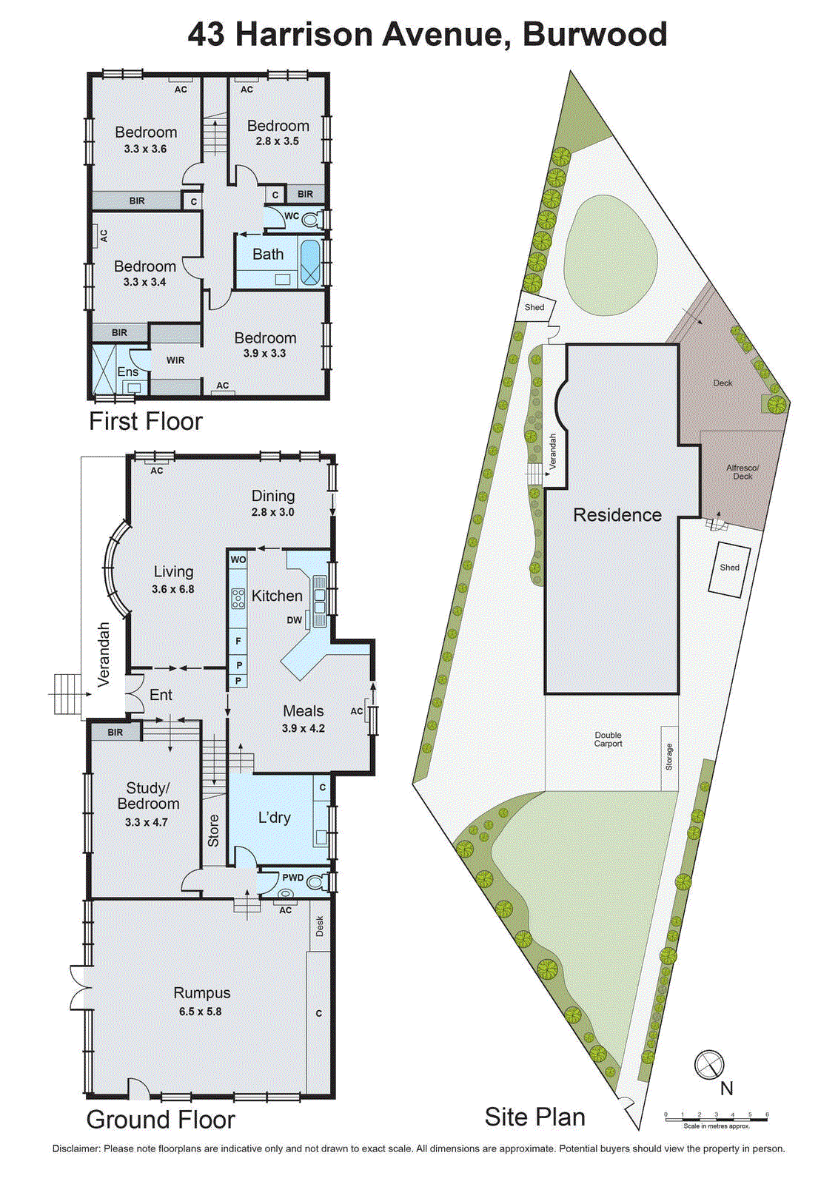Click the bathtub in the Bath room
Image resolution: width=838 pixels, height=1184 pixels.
pyautogui.click(x=310, y=262)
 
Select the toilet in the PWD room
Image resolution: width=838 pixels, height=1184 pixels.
pyautogui.click(x=315, y=881)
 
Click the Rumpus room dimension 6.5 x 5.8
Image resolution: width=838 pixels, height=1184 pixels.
pyautogui.click(x=200, y=1011)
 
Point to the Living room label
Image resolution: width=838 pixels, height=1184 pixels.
pyautogui.click(x=173, y=571)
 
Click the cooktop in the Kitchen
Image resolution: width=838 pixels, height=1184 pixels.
pyautogui.click(x=238, y=598)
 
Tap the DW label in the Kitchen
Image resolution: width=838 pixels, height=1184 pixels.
pyautogui.click(x=295, y=620)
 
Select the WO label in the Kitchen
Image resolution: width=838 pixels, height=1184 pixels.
pyautogui.click(x=238, y=559)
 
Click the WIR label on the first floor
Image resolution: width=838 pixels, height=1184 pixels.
pyautogui.click(x=175, y=360)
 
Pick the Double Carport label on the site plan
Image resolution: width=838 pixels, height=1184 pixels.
pyautogui.click(x=608, y=739)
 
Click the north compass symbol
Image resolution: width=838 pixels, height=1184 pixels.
pyautogui.click(x=708, y=1064)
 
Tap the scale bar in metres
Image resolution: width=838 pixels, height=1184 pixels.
pyautogui.click(x=716, y=1119)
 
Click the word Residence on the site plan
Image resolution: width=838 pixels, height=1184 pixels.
pyautogui.click(x=617, y=515)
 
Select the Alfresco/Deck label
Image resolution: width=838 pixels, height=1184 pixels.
pyautogui.click(x=743, y=472)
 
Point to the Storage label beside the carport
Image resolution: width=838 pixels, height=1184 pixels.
pyautogui.click(x=669, y=757)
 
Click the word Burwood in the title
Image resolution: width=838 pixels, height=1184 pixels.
pyautogui.click(x=595, y=35)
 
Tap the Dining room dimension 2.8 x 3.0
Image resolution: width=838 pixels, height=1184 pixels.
pyautogui.click(x=272, y=512)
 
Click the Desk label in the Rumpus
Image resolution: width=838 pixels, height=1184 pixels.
pyautogui.click(x=320, y=926)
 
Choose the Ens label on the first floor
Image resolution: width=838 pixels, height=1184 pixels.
pyautogui.click(x=128, y=372)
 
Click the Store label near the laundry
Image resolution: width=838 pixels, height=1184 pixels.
pyautogui.click(x=213, y=830)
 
